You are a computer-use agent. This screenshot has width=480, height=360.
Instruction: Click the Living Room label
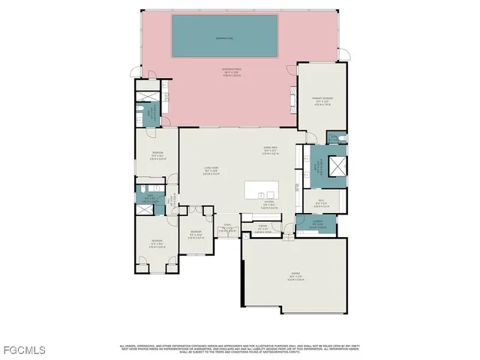211,169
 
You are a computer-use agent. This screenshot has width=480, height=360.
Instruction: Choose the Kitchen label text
268,202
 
